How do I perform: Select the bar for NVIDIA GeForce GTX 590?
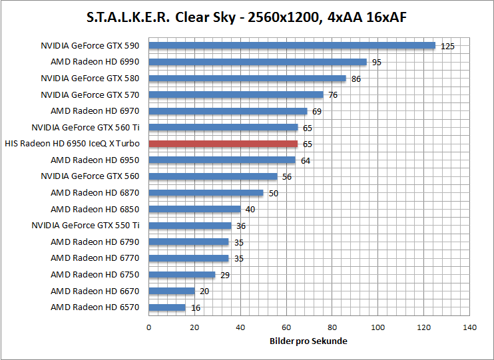coord(292,46)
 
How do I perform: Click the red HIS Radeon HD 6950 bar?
coord(223,144)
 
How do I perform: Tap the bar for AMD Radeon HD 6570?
coord(167,307)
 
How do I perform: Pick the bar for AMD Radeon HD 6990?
coord(258,62)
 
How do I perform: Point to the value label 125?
coord(447,47)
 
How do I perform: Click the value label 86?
coord(356,79)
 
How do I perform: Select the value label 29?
coord(225,275)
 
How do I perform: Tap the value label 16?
coord(195,308)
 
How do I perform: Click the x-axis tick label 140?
coord(470,327)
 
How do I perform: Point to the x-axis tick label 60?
coord(286,327)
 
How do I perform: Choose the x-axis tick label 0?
coord(148,327)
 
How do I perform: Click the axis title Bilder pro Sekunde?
coord(309,341)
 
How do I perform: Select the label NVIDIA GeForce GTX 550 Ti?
coord(86,226)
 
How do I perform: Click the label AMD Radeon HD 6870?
coord(95,193)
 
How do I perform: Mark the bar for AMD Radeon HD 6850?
coord(194,209)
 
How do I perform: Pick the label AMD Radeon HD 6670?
coord(95,291)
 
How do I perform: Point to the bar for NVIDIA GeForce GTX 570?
coord(236,94)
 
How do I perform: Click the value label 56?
coord(287,177)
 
